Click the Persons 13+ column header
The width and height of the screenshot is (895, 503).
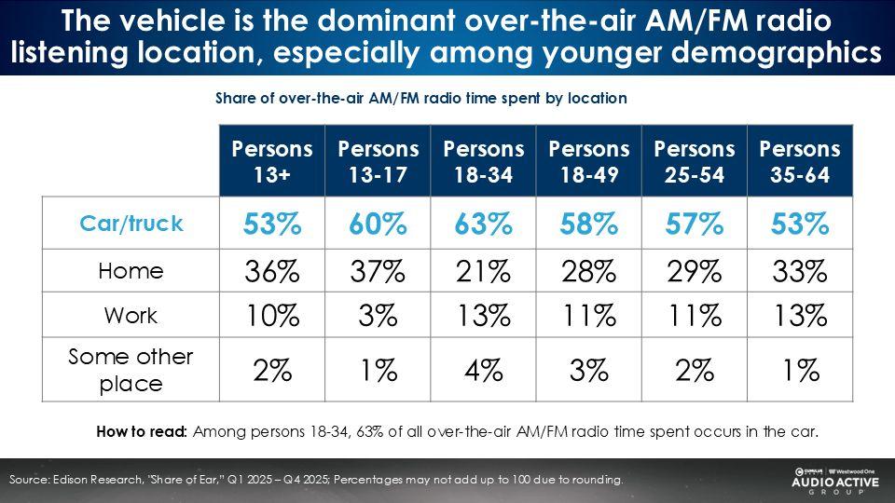click(x=272, y=159)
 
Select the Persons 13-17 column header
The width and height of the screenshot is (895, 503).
click(x=378, y=159)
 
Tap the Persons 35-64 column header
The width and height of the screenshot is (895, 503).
click(x=800, y=159)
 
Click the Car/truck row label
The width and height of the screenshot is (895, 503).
click(x=131, y=224)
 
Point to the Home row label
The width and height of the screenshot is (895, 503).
click(x=131, y=271)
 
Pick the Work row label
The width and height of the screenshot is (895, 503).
click(x=131, y=315)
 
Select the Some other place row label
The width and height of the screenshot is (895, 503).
click(x=131, y=370)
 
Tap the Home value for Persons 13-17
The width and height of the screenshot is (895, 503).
click(x=378, y=271)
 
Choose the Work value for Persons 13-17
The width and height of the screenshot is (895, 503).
click(x=378, y=316)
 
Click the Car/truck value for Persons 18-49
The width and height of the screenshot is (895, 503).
click(x=588, y=224)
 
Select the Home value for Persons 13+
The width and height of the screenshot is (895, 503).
click(x=272, y=271)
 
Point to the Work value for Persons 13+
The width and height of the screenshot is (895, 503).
click(x=272, y=316)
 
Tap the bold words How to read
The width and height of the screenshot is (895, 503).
click(x=142, y=431)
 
